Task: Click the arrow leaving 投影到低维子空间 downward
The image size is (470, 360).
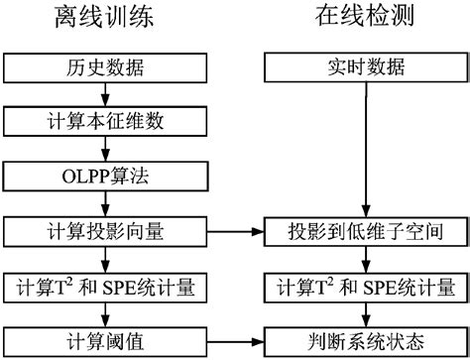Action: coord(367,260)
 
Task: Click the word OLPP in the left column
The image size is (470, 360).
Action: coord(81,179)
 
